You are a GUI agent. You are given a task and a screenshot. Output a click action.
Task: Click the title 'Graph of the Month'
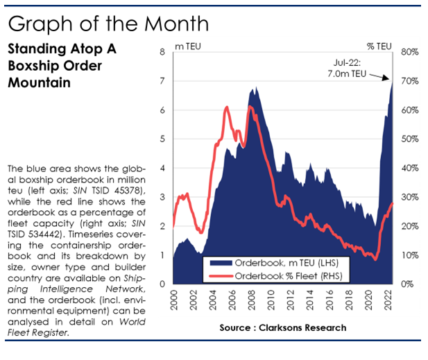pyautogui.click(x=108, y=24)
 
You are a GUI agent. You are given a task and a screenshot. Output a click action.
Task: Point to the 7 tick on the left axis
pyautogui.click(x=162, y=80)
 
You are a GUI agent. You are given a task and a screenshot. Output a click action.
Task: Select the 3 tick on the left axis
pyautogui.click(x=162, y=197)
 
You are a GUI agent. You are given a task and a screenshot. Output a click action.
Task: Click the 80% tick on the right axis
pyautogui.click(x=409, y=52)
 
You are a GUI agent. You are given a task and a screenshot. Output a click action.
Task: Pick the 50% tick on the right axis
pyautogui.click(x=409, y=139)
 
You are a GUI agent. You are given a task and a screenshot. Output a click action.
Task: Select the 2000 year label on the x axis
pyautogui.click(x=173, y=301)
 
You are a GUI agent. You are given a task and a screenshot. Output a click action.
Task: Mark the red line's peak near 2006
pyautogui.click(x=227, y=107)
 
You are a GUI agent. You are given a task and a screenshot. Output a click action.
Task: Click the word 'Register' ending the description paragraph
pyautogui.click(x=55, y=332)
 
